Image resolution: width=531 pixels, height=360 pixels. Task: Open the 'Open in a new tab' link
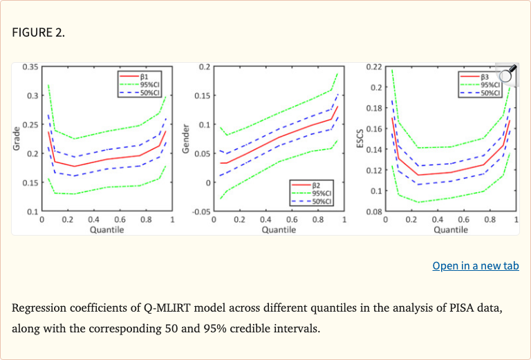(475, 266)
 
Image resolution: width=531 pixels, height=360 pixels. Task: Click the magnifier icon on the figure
(507, 74)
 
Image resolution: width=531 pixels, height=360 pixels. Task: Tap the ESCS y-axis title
(359, 139)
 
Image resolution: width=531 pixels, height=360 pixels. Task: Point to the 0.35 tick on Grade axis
(30, 66)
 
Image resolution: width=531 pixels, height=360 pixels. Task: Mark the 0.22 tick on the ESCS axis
(373, 66)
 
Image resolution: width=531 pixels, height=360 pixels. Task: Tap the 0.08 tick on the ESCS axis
(373, 211)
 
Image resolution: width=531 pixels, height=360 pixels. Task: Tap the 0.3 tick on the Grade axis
(32, 95)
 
